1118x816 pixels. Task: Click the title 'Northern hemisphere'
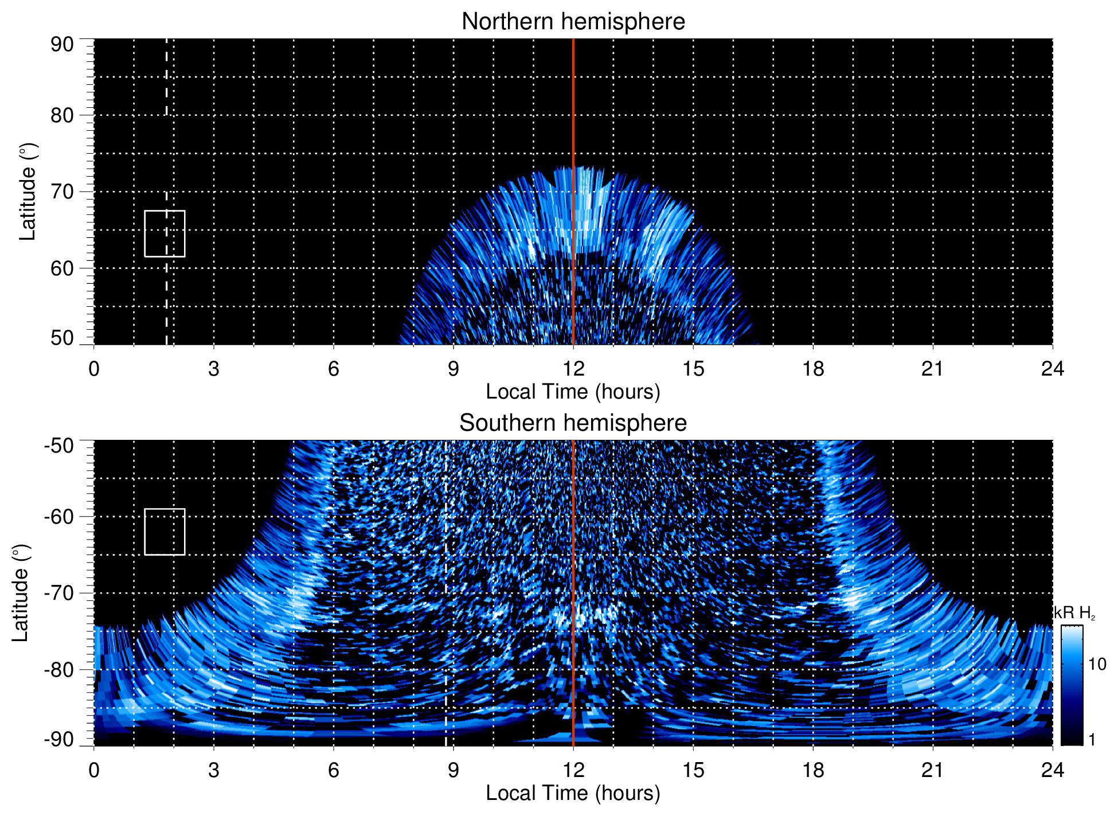[x=573, y=22]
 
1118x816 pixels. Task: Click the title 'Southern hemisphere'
[x=573, y=423]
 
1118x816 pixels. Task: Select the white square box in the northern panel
[x=165, y=233]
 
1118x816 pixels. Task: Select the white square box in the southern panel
[x=165, y=532]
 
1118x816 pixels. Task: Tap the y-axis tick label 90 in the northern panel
[x=62, y=45]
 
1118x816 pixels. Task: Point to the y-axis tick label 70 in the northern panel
[x=62, y=192]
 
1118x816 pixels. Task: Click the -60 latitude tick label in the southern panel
[x=60, y=516]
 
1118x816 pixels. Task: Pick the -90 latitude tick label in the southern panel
[x=60, y=740]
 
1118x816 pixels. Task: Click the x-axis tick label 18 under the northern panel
[x=813, y=369]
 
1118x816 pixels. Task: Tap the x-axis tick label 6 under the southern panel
[x=334, y=770]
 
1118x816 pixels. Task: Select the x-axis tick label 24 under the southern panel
[x=1052, y=770]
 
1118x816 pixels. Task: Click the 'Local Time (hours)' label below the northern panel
[x=573, y=392]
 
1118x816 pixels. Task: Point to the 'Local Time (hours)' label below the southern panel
[x=573, y=793]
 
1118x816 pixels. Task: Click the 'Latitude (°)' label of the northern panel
[x=28, y=192]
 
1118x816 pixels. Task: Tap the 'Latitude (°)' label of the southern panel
[x=21, y=593]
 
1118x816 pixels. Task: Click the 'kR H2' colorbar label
[x=1074, y=613]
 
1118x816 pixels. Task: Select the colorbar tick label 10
[x=1097, y=664]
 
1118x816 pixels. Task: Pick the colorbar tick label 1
[x=1092, y=740]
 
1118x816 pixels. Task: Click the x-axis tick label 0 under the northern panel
[x=94, y=369]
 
